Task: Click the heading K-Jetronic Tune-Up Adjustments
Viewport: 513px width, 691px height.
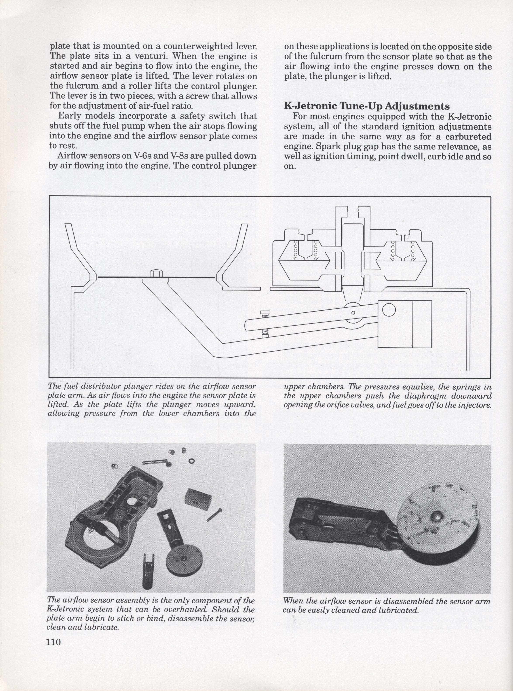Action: [367, 106]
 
